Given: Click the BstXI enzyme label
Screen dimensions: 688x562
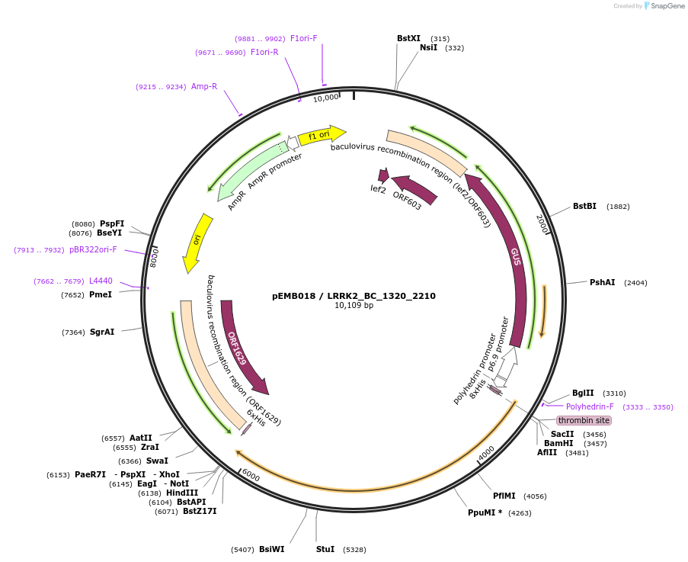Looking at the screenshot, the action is pyautogui.click(x=408, y=38).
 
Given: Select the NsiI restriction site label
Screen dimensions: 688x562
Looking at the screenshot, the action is pyautogui.click(x=429, y=47).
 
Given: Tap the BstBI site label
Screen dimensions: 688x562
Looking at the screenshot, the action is pyautogui.click(x=584, y=206).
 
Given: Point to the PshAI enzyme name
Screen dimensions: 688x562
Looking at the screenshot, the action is pyautogui.click(x=602, y=282).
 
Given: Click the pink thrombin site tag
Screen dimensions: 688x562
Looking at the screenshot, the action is pyautogui.click(x=584, y=420).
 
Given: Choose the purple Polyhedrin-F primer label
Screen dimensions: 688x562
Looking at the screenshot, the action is pyautogui.click(x=590, y=406).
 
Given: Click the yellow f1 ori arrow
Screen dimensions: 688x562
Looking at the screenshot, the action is pyautogui.click(x=320, y=136).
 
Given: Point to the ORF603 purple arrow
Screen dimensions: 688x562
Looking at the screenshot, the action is pyautogui.click(x=415, y=190).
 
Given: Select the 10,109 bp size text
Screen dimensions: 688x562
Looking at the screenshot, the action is pyautogui.click(x=354, y=306).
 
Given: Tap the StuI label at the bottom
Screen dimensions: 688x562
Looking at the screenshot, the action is pyautogui.click(x=325, y=549).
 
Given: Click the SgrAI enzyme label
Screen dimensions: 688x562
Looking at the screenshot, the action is pyautogui.click(x=102, y=332).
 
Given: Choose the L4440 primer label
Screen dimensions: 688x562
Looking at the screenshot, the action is pyautogui.click(x=101, y=281).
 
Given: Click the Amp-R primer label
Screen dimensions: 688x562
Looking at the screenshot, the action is pyautogui.click(x=204, y=86).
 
